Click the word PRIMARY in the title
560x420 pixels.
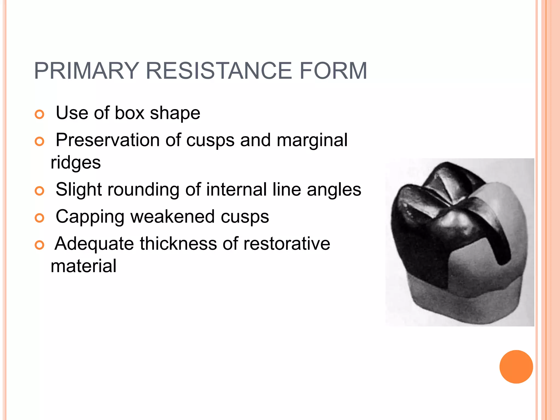tap(86, 71)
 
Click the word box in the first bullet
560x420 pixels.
tap(129, 113)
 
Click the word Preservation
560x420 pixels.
tap(107, 140)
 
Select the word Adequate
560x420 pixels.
tap(94, 244)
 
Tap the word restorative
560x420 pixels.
tap(287, 243)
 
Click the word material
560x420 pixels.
tap(83, 266)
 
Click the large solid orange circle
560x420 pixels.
tap(516, 367)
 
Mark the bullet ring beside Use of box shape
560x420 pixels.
tap(40, 114)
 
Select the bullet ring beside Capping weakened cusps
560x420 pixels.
tap(40, 218)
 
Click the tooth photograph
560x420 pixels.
tap(459, 242)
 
